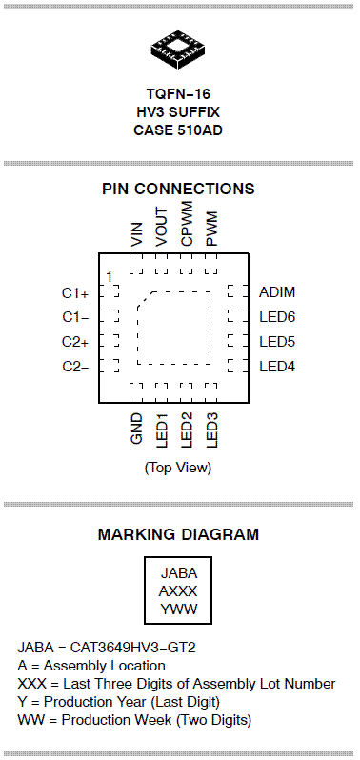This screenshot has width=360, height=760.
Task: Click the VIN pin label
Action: [137, 234]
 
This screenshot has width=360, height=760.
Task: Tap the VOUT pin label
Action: [161, 228]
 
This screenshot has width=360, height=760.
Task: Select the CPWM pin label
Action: [187, 225]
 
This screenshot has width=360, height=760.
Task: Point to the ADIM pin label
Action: [277, 292]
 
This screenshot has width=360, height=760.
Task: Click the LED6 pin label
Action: [277, 317]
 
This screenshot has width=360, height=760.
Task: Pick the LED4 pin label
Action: [277, 367]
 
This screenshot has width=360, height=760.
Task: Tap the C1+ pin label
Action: [75, 293]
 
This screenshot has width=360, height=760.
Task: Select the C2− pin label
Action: [75, 367]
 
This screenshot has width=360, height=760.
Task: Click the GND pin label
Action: [137, 428]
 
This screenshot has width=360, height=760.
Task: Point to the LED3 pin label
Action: [211, 430]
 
